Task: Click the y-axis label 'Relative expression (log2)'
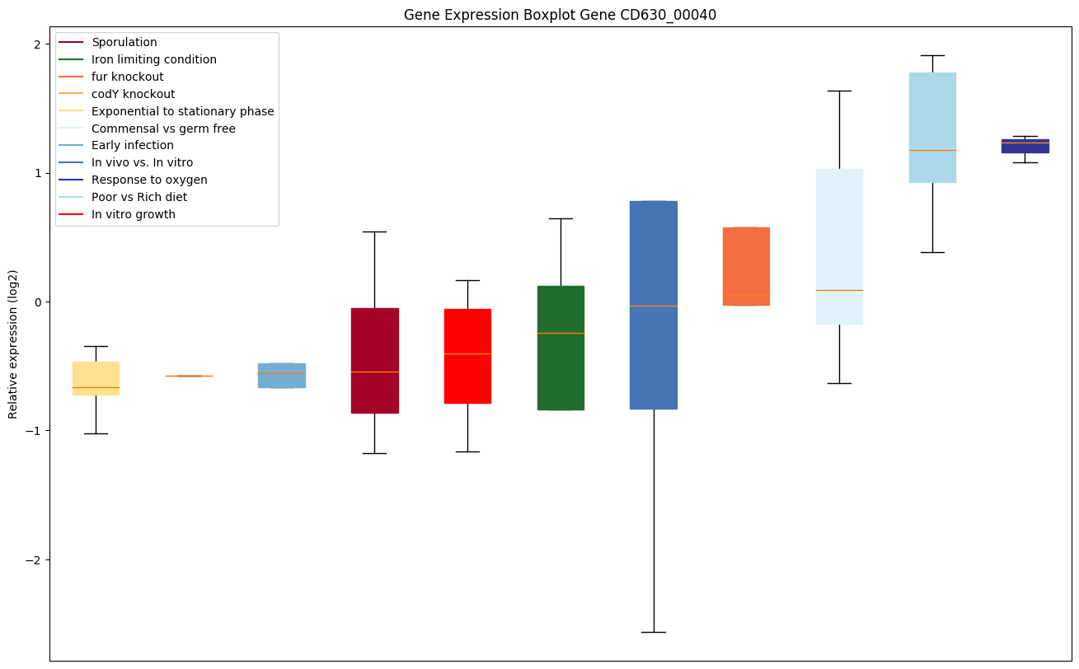13,344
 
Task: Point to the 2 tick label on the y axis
36,44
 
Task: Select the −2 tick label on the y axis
32,560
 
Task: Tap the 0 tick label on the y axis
36,302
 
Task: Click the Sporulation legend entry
124,42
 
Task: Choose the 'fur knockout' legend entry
127,77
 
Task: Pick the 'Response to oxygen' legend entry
149,180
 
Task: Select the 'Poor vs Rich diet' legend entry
138,197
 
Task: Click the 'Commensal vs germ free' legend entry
163,129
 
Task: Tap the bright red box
467,356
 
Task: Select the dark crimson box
375,360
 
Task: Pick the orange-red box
746,266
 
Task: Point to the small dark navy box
1025,146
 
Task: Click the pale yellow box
96,378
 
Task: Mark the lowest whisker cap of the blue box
654,632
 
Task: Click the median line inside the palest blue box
839,290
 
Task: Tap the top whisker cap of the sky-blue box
932,55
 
